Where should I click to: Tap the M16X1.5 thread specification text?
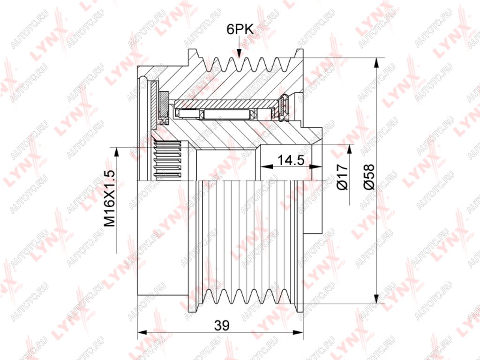tap(110, 199)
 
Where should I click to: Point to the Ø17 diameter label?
tap(342, 177)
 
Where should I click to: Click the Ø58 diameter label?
tap(369, 177)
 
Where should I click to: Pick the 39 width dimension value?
tap(222, 325)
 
